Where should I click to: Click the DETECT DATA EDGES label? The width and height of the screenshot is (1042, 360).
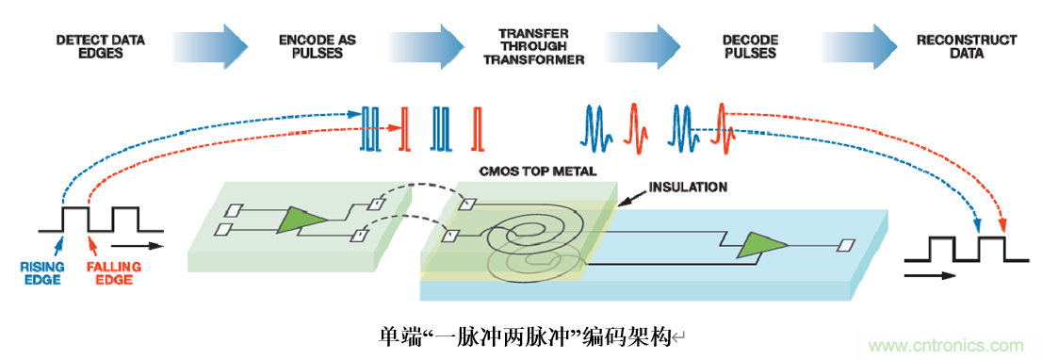pyautogui.click(x=101, y=46)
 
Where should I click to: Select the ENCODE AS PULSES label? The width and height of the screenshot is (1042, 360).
pyautogui.click(x=317, y=46)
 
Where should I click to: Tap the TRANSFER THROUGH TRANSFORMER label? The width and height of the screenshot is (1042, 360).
pyautogui.click(x=533, y=46)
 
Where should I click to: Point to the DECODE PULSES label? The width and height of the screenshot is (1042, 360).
pyautogui.click(x=750, y=46)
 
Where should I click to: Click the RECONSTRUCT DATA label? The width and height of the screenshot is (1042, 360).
pyautogui.click(x=967, y=46)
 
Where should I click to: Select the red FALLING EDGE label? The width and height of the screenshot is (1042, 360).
pyautogui.click(x=110, y=273)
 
